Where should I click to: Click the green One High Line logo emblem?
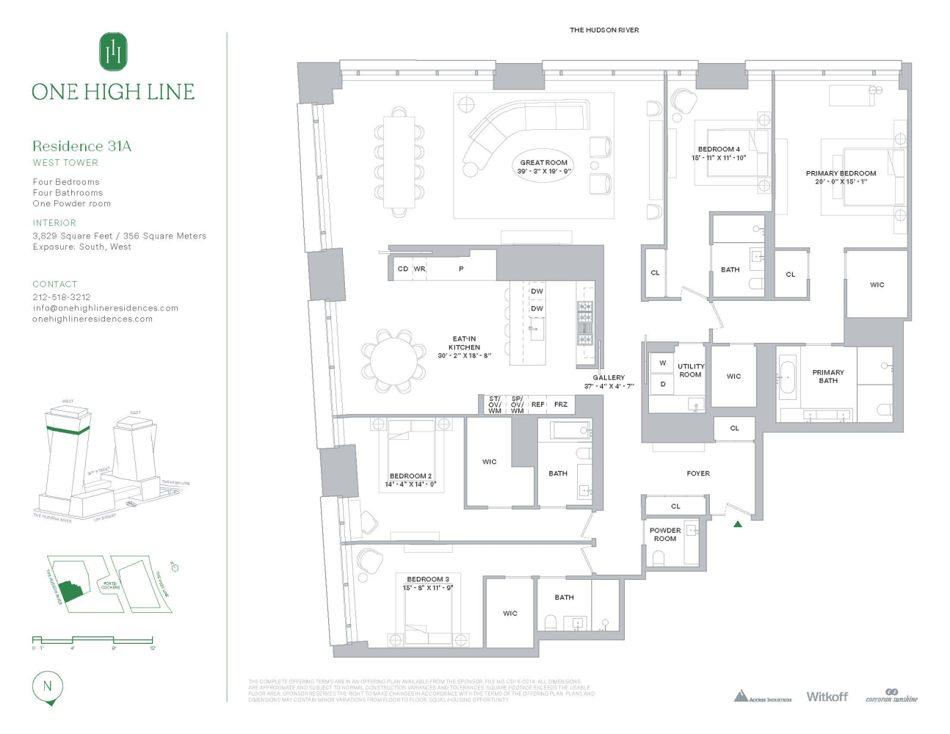113,51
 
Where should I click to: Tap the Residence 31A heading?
81,146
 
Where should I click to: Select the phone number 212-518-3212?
62,297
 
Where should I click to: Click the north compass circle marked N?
48,686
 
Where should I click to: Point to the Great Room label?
544,163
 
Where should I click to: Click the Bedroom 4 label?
719,149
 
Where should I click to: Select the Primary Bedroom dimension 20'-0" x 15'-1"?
841,181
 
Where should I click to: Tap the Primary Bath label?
828,377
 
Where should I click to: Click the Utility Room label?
691,371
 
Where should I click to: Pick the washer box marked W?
662,363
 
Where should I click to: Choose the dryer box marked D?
662,384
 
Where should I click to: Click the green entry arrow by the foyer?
738,524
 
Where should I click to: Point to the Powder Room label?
665,534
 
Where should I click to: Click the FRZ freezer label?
561,404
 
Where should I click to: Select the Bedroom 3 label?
428,579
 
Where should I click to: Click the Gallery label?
609,377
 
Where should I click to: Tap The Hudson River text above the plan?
604,30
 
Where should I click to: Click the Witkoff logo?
827,697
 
